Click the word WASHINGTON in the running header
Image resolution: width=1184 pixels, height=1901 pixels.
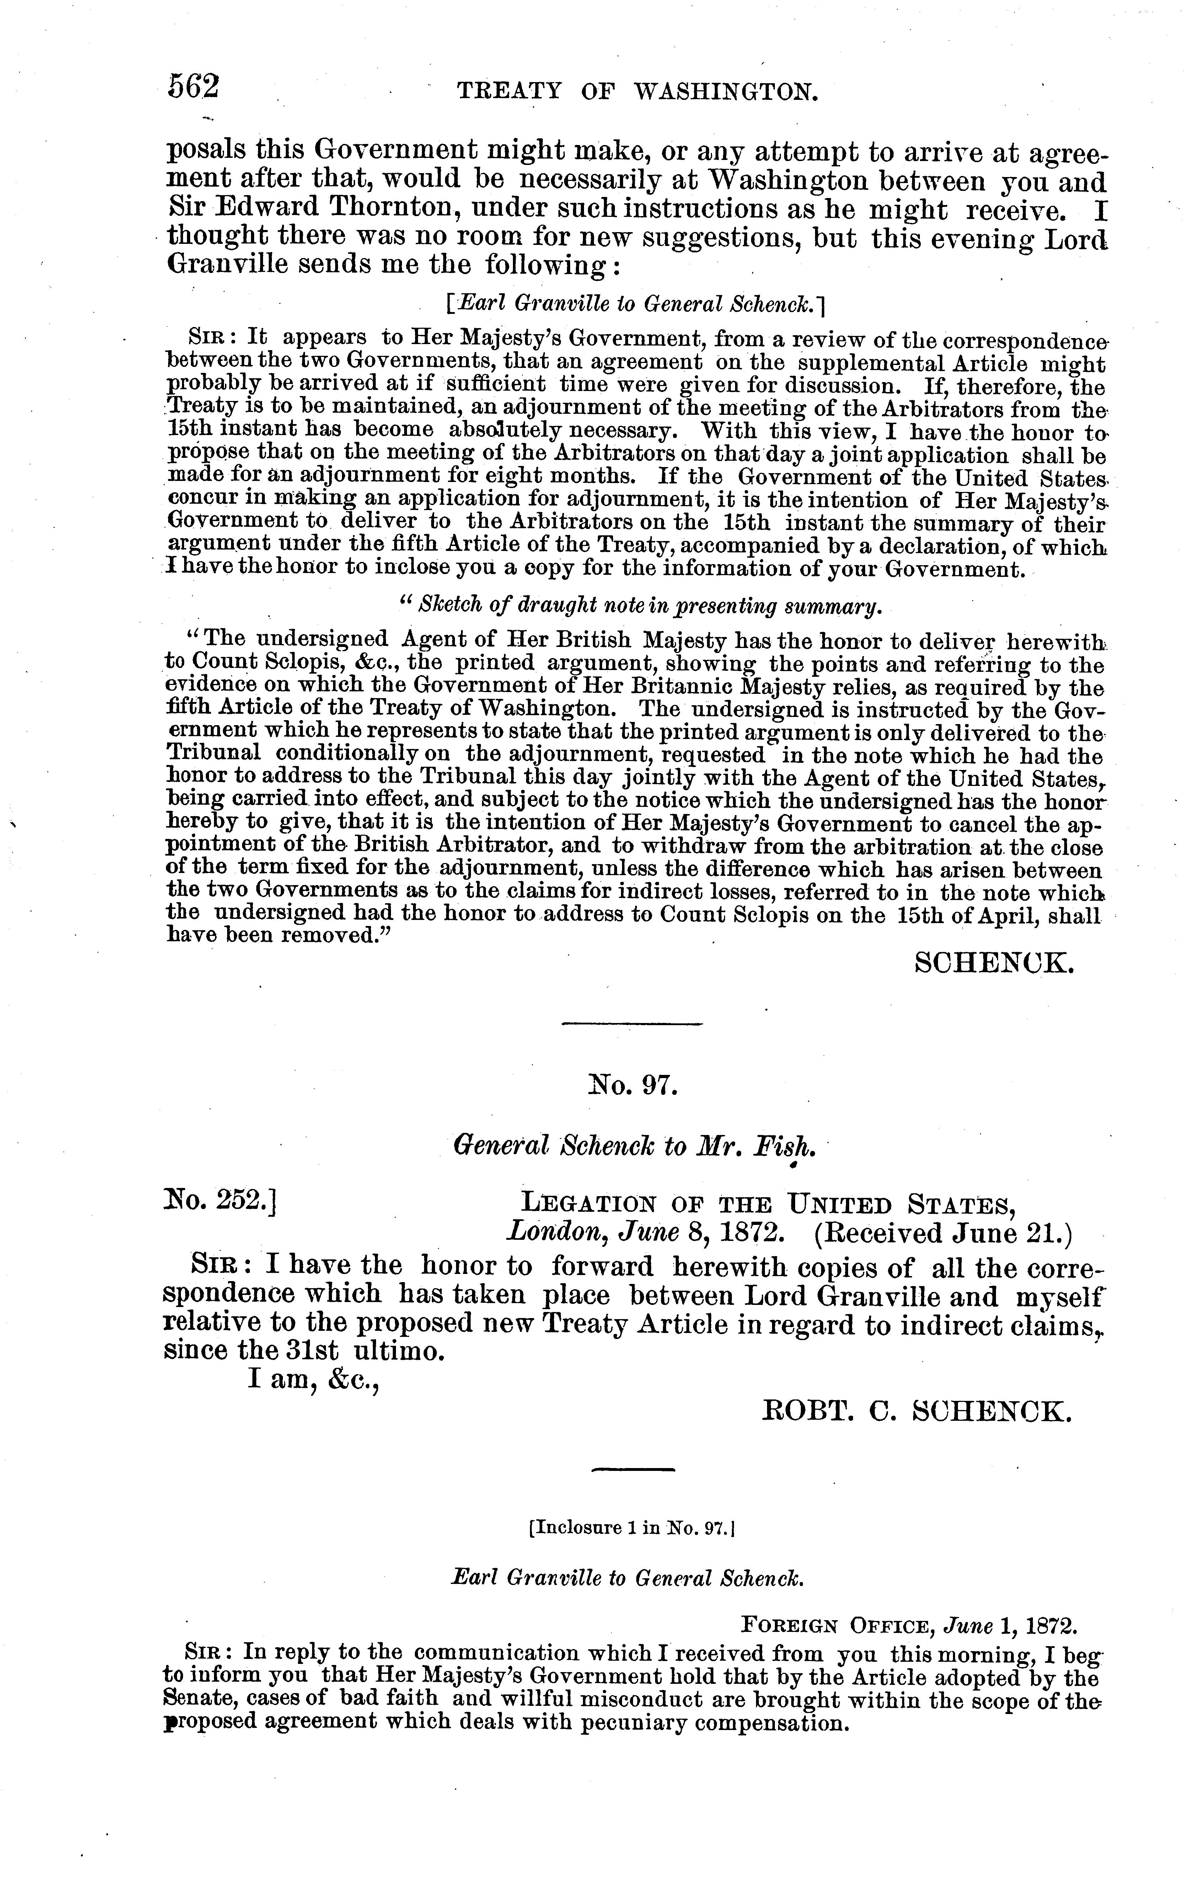(x=725, y=92)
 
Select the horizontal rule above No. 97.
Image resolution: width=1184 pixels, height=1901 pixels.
(x=632, y=1024)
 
